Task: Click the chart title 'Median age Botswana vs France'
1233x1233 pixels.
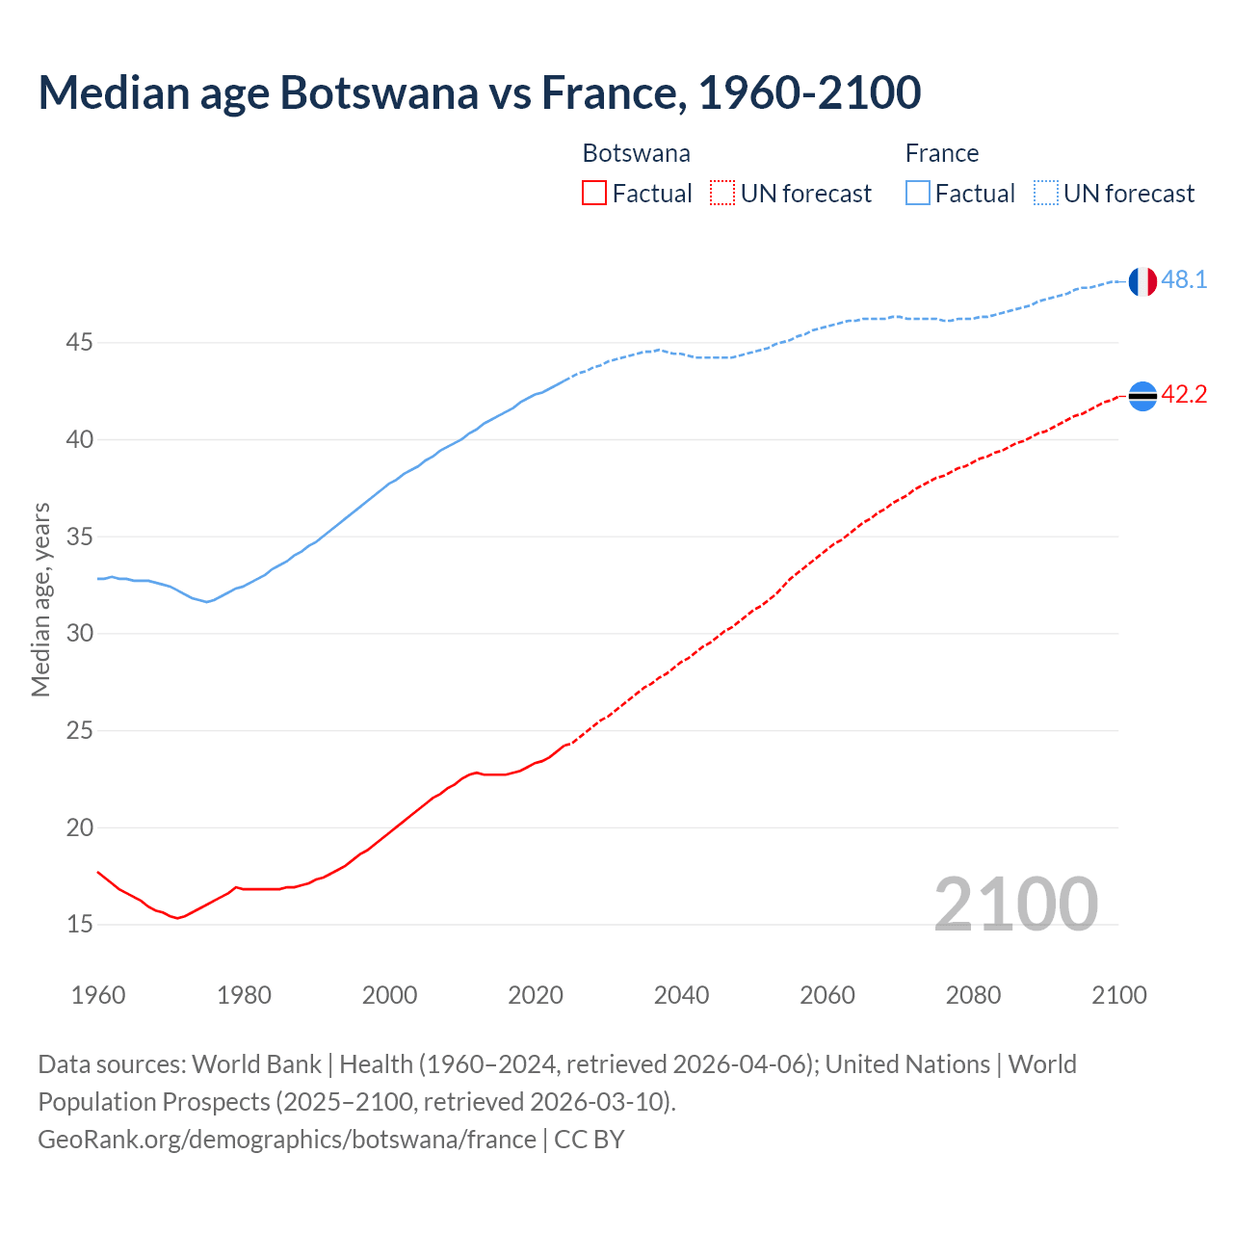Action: [479, 92]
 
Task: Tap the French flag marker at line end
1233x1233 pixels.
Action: [1141, 281]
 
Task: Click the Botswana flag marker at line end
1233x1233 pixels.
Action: [1141, 396]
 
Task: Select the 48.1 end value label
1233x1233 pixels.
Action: [1184, 280]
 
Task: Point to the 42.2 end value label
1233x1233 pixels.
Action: [1184, 395]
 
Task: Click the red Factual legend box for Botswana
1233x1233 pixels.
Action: [594, 194]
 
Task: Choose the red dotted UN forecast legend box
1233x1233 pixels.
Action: [722, 194]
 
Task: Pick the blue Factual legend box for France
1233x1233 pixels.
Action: [917, 194]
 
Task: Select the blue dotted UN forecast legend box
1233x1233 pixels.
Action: [1045, 194]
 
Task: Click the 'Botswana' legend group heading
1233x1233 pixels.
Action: [636, 153]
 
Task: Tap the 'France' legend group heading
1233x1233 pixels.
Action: [941, 153]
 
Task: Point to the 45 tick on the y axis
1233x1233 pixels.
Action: [80, 343]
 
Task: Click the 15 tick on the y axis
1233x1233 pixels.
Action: [80, 925]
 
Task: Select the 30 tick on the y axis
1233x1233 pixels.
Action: [80, 634]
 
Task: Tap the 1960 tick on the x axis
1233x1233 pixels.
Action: [98, 995]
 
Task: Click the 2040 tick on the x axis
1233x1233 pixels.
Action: [681, 995]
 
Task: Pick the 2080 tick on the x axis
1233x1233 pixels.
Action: [973, 995]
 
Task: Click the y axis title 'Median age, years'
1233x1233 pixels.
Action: [40, 599]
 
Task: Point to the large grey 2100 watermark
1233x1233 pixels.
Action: [1015, 904]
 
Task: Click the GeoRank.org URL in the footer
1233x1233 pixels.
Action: [287, 1140]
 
